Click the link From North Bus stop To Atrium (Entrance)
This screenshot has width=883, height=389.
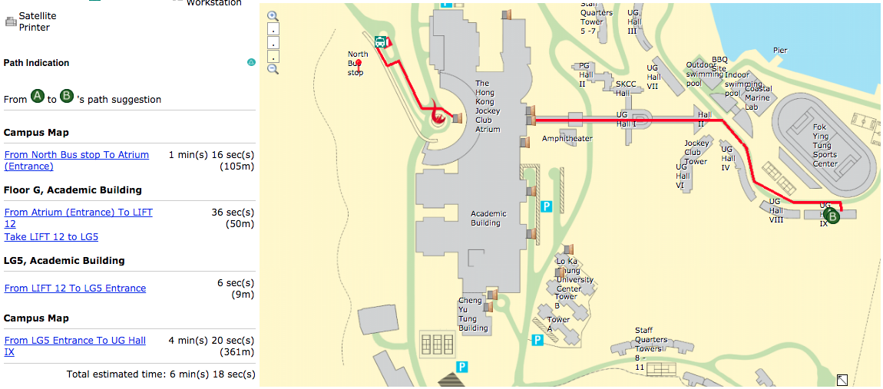(77, 160)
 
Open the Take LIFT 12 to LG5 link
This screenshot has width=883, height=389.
(51, 237)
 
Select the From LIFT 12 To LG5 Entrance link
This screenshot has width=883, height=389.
(75, 288)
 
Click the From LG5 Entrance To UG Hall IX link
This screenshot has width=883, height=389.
(75, 346)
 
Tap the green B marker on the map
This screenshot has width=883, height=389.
(832, 216)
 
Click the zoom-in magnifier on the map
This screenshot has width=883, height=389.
(273, 15)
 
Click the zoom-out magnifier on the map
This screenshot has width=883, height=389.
(273, 69)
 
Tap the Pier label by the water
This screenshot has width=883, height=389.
(780, 51)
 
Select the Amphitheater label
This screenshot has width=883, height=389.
(567, 139)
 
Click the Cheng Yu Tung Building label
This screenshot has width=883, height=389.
(473, 315)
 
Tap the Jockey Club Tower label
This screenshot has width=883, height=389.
(696, 152)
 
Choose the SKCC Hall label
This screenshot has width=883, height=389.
(627, 88)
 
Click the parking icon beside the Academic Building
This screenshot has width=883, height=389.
(546, 206)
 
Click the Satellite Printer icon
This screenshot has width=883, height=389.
(11, 21)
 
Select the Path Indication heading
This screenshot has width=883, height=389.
(36, 63)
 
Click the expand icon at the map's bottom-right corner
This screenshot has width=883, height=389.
(842, 379)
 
